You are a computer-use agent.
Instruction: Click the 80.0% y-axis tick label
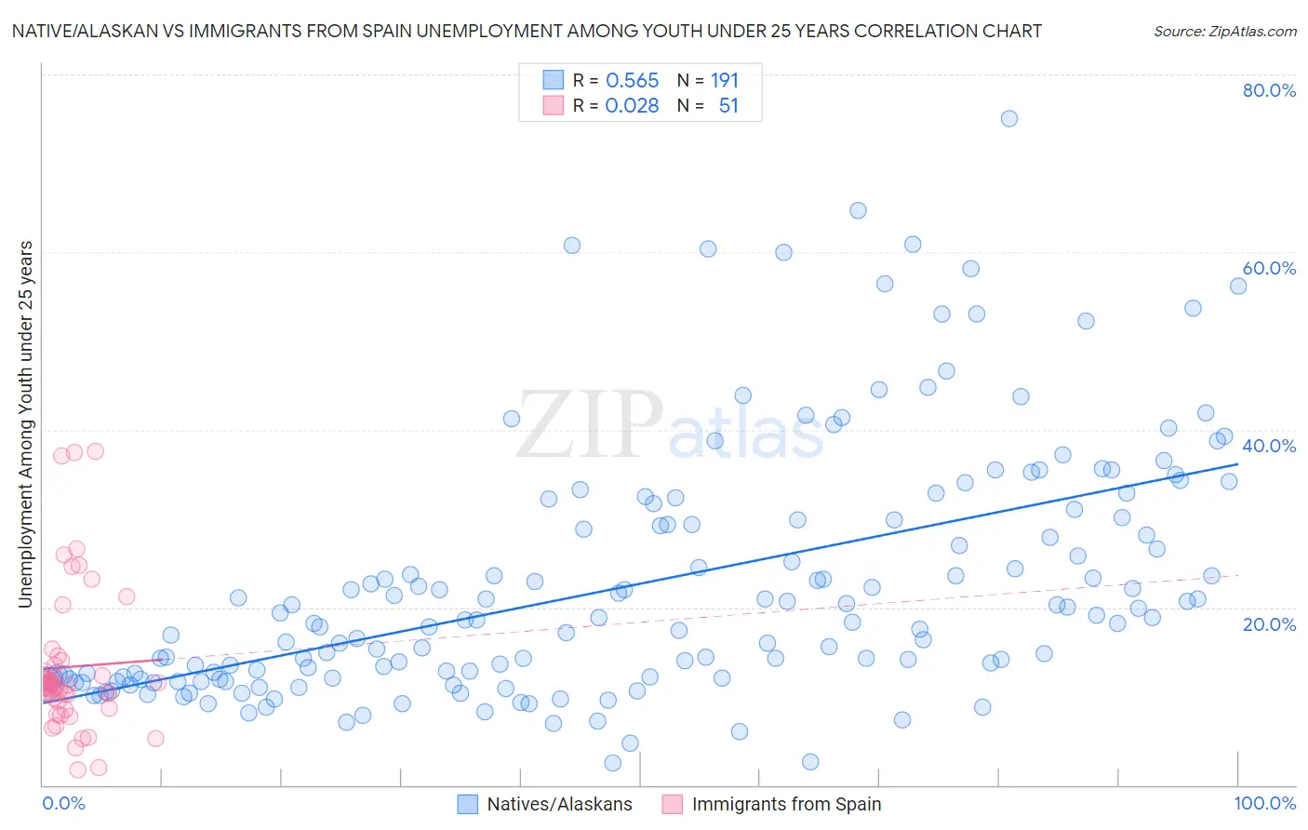coord(1269,90)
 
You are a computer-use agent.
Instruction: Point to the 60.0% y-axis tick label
coord(1269,268)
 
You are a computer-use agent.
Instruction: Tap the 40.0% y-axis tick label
coord(1269,446)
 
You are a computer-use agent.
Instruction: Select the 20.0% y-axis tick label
coord(1269,623)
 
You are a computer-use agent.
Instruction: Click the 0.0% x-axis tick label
coord(63,803)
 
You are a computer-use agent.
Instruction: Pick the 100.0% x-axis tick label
coord(1264,803)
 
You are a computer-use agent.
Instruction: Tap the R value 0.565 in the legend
coord(632,80)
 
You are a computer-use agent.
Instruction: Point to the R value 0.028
coord(632,105)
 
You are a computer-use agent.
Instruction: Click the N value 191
coord(725,80)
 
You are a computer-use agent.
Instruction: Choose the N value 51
coord(728,105)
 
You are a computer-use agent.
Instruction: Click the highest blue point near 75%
coord(1008,118)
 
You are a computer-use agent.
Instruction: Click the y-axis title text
coord(25,424)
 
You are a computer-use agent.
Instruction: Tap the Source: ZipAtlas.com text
coord(1224,31)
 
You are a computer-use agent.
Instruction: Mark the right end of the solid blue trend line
coord(1238,463)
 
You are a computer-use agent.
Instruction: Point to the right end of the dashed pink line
coord(1238,575)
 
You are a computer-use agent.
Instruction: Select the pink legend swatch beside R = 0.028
coord(554,105)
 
